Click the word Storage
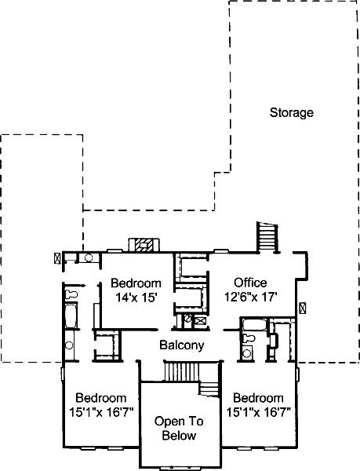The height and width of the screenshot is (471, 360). pos(292,113)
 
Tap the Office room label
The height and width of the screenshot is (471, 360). pos(250,283)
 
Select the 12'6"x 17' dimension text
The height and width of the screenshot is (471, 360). pos(250,297)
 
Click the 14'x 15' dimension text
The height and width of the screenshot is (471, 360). pos(136,298)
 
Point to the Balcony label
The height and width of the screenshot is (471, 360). pos(182,345)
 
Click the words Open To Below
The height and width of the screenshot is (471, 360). pos(179,428)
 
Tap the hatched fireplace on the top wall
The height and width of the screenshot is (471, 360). pos(144,245)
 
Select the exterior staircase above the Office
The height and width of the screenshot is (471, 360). pos(267,237)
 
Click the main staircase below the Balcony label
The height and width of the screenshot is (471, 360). pos(192,377)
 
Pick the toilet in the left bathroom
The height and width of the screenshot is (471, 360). pos(71,294)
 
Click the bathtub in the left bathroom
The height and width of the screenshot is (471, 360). pos(71,316)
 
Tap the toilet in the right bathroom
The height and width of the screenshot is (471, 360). pos(249,338)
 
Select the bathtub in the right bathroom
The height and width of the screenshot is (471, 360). pos(254,325)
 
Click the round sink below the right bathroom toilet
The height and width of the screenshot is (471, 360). pos(247,353)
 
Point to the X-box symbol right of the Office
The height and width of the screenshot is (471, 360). pos(303,309)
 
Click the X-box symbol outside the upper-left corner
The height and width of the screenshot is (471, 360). pos(57,258)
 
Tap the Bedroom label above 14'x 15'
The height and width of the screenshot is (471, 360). pos(136,283)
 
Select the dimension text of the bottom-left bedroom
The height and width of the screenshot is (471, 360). pos(101,412)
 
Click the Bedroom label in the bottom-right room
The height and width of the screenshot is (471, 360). pos(258,398)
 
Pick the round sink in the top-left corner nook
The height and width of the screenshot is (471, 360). pos(89,257)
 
